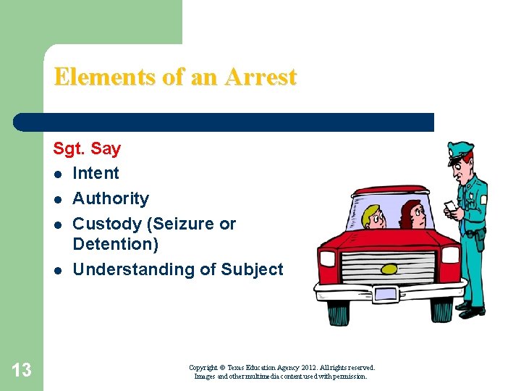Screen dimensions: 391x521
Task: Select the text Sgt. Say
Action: pos(87,149)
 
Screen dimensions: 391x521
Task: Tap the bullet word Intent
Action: pos(96,173)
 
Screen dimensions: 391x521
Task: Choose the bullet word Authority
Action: pos(111,198)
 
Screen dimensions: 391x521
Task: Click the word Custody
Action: pos(106,224)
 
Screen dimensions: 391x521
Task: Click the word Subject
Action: pos(252,269)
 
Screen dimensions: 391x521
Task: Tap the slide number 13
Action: pos(22,370)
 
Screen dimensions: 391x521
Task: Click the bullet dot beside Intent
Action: pos(57,175)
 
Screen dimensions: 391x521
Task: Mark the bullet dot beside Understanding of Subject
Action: pos(57,271)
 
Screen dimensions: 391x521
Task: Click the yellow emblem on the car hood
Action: pos(389,269)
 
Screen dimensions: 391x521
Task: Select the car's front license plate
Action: pos(385,294)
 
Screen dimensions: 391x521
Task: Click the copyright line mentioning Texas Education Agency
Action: pos(281,368)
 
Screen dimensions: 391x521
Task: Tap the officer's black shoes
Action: pos(470,312)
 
